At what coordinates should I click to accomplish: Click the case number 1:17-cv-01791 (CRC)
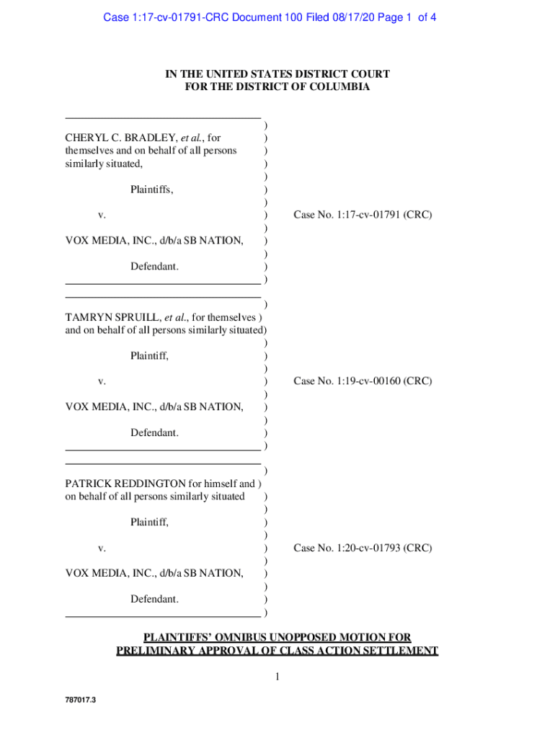(x=363, y=215)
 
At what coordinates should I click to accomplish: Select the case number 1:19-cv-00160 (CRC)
(x=363, y=381)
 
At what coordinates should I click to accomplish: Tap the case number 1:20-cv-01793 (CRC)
(x=363, y=548)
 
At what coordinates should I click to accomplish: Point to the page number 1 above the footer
(x=277, y=677)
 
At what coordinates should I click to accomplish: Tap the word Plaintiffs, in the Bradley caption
(x=151, y=190)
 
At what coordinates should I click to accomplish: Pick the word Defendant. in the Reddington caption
(x=154, y=599)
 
